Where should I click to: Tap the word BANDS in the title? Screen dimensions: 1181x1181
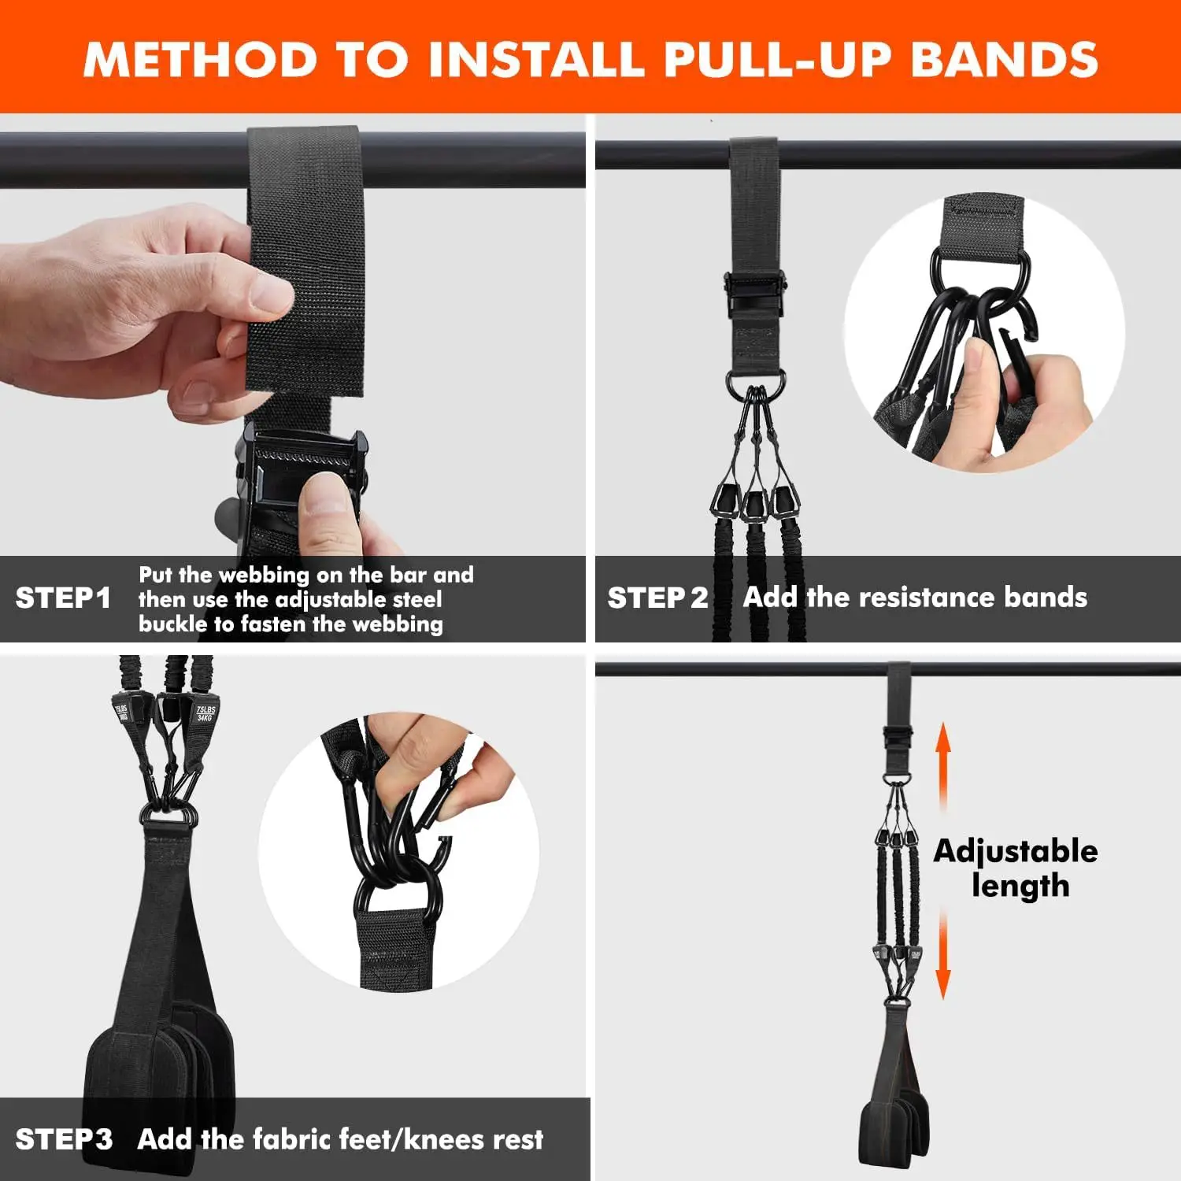click(1004, 60)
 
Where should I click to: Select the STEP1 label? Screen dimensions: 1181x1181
click(63, 598)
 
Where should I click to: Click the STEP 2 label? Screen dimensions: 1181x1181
click(657, 598)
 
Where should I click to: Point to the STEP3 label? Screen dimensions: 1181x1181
click(64, 1139)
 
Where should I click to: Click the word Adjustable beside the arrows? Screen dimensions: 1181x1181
click(1015, 851)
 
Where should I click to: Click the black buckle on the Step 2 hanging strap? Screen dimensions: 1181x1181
click(754, 291)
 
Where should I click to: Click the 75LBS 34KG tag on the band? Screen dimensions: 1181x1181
click(205, 714)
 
